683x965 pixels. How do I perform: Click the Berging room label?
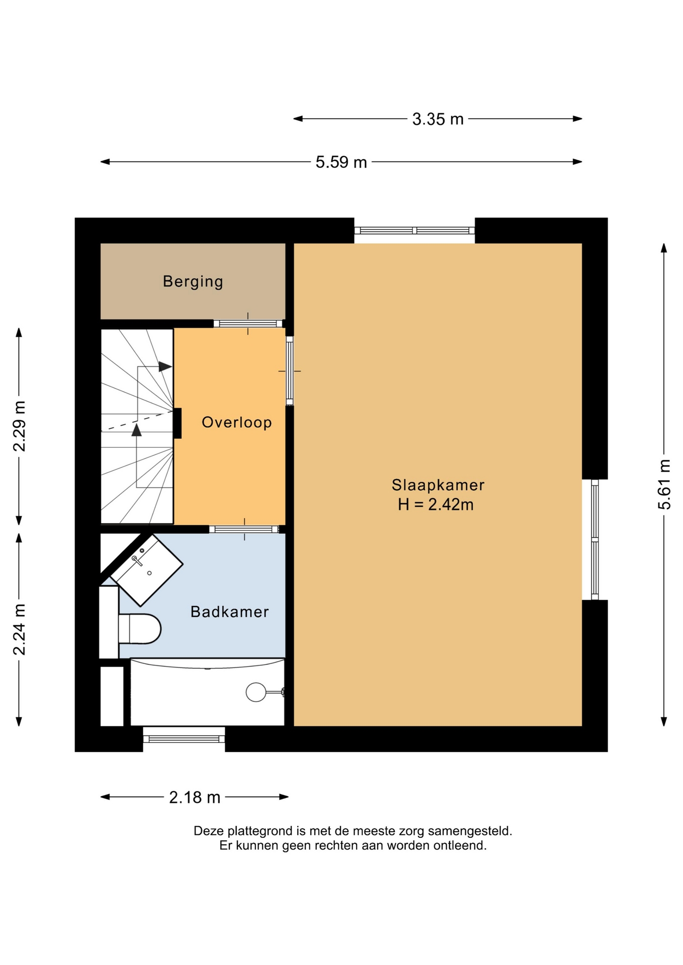click(193, 281)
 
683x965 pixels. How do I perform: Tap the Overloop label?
click(237, 422)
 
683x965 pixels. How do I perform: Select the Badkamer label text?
click(229, 612)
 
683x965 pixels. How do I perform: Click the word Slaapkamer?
click(438, 485)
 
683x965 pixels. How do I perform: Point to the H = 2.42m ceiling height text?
click(436, 504)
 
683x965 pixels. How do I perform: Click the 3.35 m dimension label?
click(438, 119)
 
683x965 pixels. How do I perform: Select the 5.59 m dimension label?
click(341, 162)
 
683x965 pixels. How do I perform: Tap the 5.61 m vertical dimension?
click(664, 484)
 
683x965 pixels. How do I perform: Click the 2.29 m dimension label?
click(19, 426)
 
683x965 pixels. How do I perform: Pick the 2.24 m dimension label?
click(19, 630)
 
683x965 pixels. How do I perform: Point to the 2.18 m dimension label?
click(195, 798)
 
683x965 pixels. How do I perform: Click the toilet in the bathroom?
click(139, 628)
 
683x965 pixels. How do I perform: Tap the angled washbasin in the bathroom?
click(146, 570)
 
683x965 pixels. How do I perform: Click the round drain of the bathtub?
click(255, 692)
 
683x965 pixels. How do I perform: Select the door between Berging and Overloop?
click(248, 323)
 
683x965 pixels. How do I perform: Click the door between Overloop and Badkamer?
click(244, 529)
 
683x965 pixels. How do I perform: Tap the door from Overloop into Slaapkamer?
click(290, 371)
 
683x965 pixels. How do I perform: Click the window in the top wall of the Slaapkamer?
click(414, 230)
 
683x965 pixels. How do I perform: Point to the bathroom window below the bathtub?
click(184, 738)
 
